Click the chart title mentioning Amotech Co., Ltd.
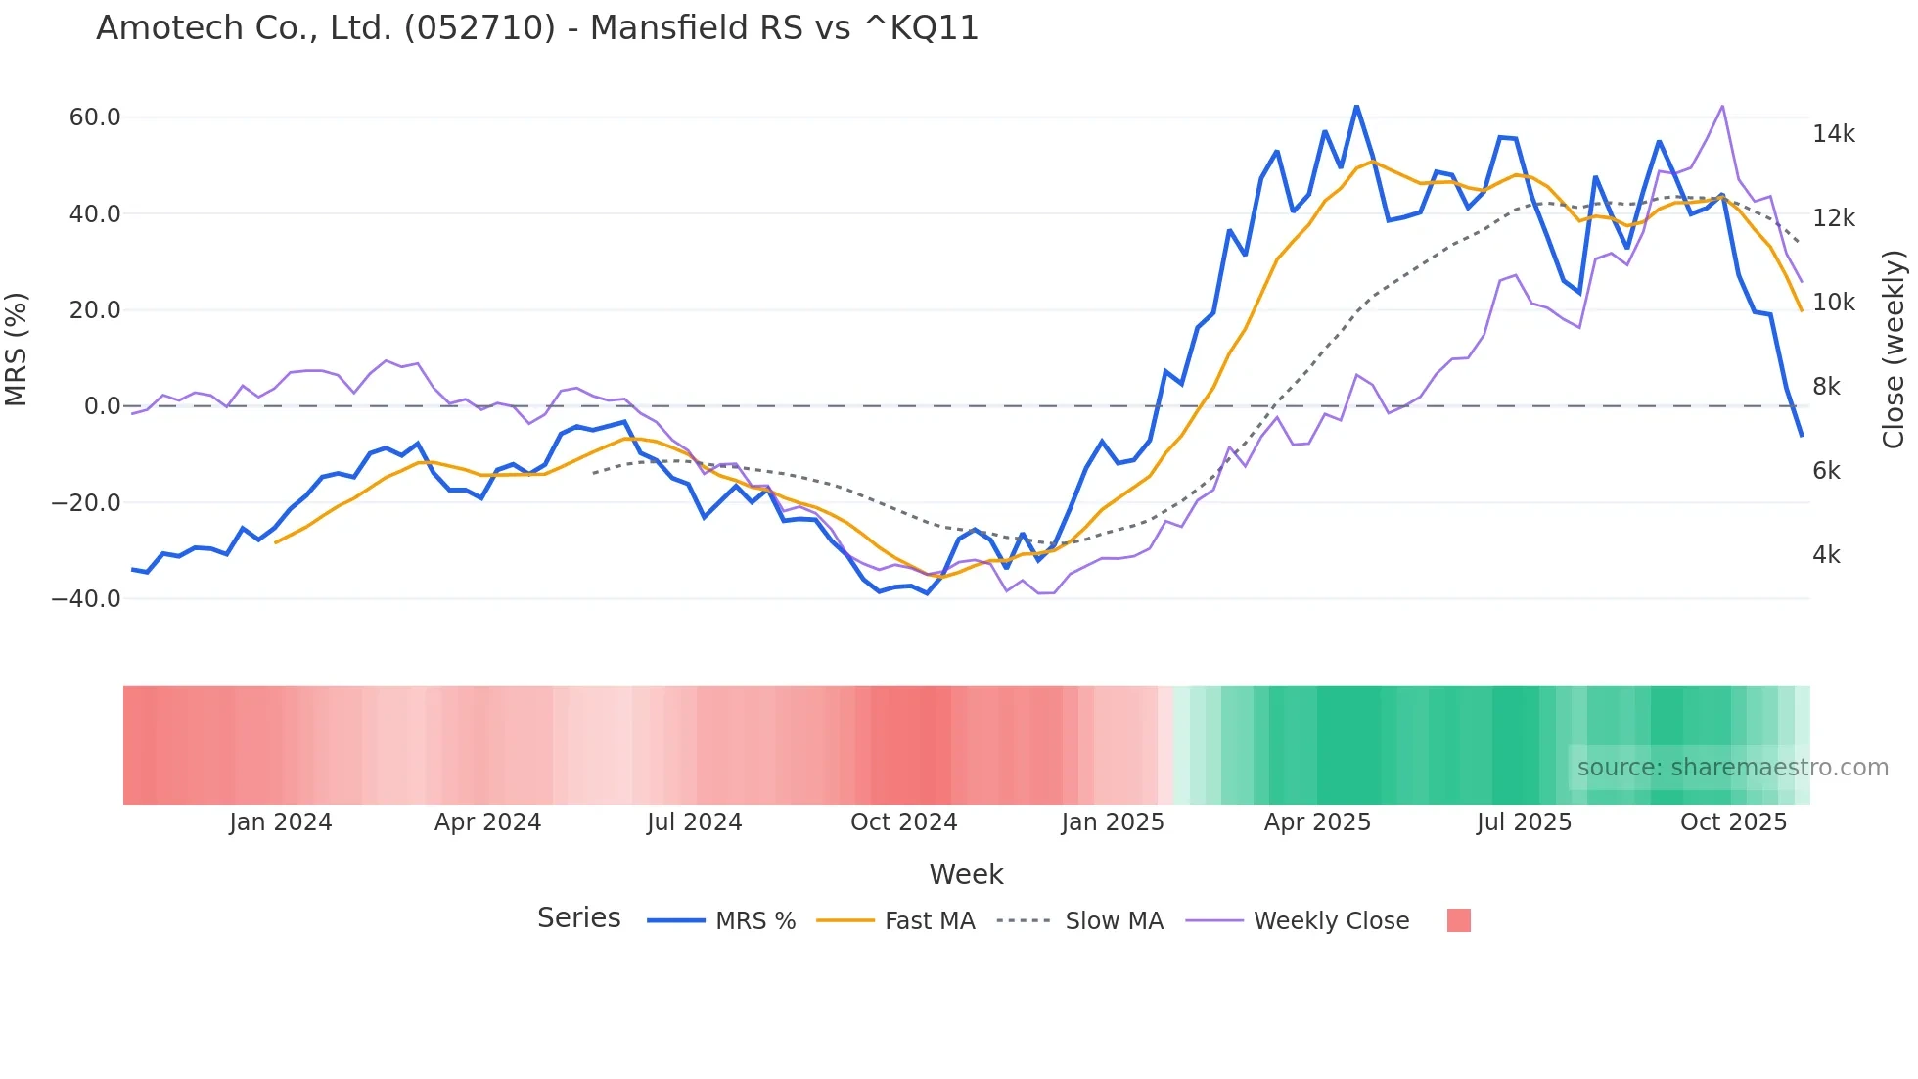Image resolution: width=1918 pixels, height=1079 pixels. [x=537, y=28]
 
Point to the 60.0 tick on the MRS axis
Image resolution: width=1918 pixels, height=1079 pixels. [x=95, y=117]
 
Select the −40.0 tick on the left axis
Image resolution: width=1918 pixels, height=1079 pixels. [x=86, y=598]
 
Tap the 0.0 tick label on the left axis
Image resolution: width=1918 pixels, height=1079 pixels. [x=103, y=406]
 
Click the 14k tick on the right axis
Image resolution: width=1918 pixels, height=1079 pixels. [x=1833, y=134]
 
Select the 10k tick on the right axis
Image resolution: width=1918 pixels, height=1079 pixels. [x=1833, y=303]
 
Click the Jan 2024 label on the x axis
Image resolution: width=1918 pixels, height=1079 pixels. [x=281, y=822]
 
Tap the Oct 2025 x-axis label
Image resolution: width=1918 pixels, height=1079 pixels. [x=1733, y=822]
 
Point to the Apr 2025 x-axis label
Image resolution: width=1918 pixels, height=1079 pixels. [x=1317, y=822]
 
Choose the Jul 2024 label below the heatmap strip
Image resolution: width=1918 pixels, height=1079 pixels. [x=694, y=822]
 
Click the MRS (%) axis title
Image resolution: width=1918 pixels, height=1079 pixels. [x=17, y=350]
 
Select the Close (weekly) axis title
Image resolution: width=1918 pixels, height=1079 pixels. [x=1894, y=350]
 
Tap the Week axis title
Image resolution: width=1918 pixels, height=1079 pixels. [x=966, y=874]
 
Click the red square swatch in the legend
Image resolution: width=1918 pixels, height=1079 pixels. [x=1458, y=920]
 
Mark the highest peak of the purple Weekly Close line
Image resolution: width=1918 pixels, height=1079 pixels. [x=1722, y=106]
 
